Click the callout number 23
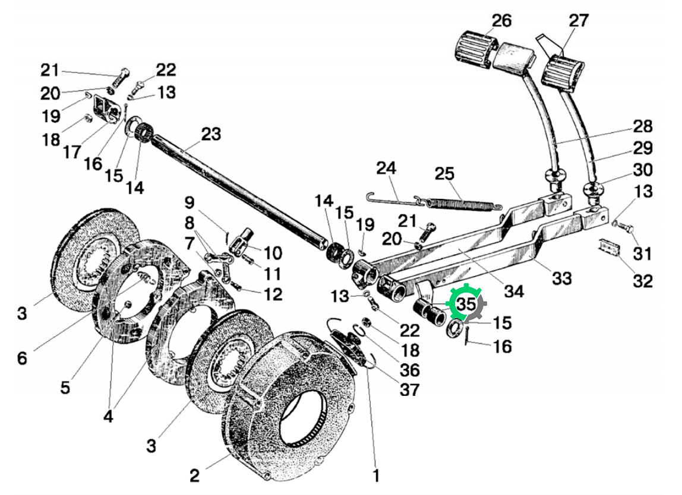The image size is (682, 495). click(x=210, y=134)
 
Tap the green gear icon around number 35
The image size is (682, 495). click(x=466, y=304)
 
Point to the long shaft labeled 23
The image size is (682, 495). click(x=238, y=191)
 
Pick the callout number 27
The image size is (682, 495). click(x=579, y=20)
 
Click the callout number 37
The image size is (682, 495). click(x=410, y=389)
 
